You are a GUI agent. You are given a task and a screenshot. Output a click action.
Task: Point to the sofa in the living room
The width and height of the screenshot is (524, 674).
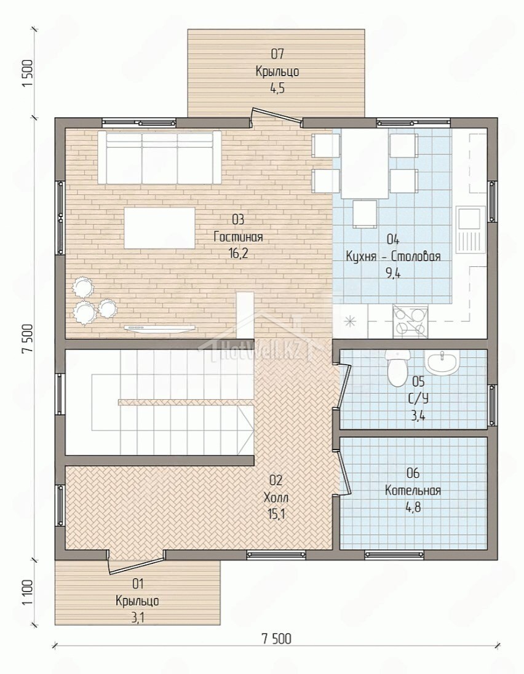(159, 158)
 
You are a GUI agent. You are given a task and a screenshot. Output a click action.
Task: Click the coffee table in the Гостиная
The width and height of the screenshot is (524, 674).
(159, 228)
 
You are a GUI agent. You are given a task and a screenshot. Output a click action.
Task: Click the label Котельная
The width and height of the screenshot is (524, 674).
(413, 491)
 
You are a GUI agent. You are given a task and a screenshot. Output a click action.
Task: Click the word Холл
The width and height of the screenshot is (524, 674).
(276, 498)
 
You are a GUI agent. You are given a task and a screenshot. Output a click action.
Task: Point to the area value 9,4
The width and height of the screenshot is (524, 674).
(393, 273)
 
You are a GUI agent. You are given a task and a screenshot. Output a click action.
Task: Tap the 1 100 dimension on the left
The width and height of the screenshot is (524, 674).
(27, 592)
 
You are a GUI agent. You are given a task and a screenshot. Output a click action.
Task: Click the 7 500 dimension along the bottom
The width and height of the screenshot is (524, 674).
(276, 639)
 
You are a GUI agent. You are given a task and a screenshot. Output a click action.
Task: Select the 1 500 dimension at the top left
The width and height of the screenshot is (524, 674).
(27, 74)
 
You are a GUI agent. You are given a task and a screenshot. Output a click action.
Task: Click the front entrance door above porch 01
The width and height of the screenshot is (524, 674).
(135, 565)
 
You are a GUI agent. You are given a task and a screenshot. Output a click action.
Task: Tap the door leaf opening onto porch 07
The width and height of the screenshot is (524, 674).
(276, 116)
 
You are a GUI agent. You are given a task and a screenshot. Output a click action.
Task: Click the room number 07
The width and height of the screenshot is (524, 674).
(277, 54)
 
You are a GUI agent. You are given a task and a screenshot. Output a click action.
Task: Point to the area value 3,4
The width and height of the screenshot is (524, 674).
(418, 416)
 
